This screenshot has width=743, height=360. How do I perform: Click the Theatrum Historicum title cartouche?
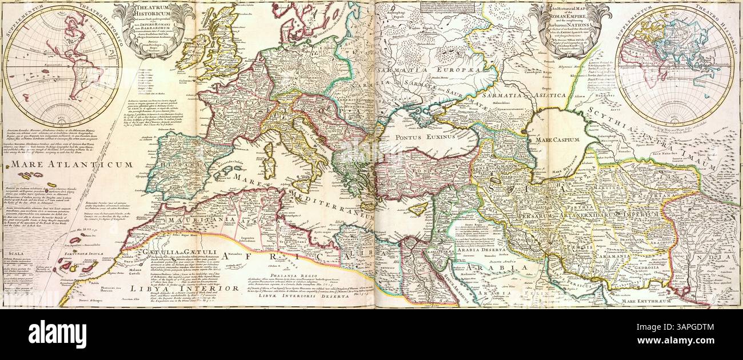click(154, 29)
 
